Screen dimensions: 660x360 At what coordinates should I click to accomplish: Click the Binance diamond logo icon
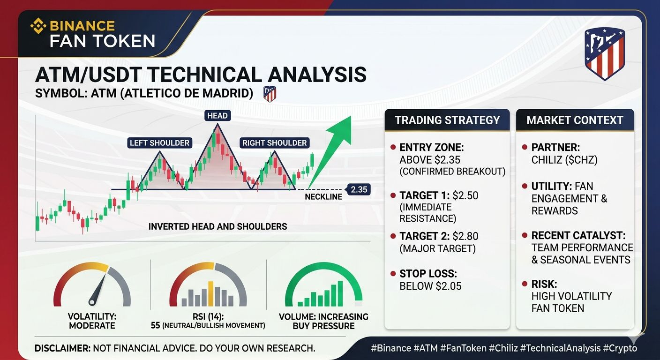click(x=38, y=26)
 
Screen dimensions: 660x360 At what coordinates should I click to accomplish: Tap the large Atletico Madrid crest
click(x=605, y=54)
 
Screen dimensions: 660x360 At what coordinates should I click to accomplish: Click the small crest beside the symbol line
click(x=270, y=94)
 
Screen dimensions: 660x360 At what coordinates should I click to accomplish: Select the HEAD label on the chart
click(x=217, y=115)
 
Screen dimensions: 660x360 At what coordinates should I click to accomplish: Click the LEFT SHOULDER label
click(x=160, y=143)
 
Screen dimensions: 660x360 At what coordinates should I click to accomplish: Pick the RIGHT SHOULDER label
click(x=274, y=143)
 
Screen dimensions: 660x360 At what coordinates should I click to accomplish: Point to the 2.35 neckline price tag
click(x=359, y=189)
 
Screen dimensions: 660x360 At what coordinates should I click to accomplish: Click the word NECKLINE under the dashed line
click(x=323, y=197)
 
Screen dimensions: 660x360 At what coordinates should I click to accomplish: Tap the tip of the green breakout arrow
click(x=351, y=116)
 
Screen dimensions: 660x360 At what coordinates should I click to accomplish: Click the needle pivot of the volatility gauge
click(x=92, y=302)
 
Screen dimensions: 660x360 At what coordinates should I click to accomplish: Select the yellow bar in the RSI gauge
click(x=210, y=294)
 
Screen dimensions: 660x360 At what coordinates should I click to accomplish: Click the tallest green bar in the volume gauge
click(x=340, y=293)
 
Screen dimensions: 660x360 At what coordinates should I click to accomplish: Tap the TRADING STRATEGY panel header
click(x=447, y=120)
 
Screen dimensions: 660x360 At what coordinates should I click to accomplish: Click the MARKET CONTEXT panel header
click(x=575, y=120)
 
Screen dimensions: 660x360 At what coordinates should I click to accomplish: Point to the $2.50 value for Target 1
click(x=465, y=195)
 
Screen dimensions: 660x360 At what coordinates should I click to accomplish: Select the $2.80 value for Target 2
click(x=465, y=236)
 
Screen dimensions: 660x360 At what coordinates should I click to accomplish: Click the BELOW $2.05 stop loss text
click(x=430, y=286)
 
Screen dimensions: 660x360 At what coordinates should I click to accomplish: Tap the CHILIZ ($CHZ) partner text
click(x=564, y=160)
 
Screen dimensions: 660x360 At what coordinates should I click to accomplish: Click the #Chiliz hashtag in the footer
click(x=503, y=348)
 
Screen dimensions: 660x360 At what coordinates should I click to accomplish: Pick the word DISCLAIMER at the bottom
click(x=62, y=348)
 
